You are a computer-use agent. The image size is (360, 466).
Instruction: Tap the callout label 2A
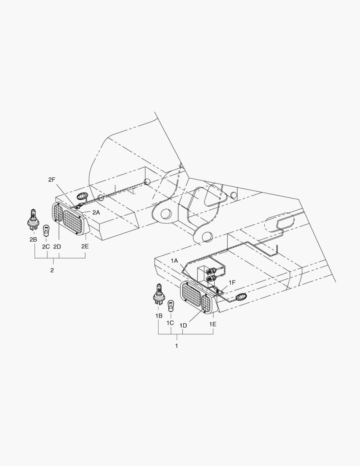[x=96, y=212]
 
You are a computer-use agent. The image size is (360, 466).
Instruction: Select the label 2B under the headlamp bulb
[x=33, y=239]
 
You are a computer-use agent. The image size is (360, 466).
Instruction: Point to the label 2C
[x=46, y=246]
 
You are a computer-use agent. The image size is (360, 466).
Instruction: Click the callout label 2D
[x=57, y=246]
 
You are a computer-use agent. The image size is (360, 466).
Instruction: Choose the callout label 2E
[x=85, y=246]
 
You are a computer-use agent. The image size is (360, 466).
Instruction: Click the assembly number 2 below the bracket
[x=52, y=270]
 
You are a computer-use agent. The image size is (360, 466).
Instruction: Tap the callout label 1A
[x=174, y=261]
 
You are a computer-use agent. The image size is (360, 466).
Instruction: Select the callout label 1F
[x=232, y=282]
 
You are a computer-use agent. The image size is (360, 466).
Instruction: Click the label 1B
[x=159, y=316]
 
